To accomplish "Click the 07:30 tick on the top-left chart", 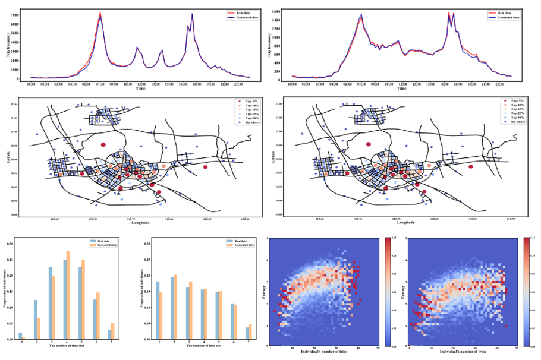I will click(100, 84).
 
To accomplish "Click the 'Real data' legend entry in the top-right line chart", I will click(502, 12).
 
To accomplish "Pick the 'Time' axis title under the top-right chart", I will click(402, 89).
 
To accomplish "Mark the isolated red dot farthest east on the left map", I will click(205, 167).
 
